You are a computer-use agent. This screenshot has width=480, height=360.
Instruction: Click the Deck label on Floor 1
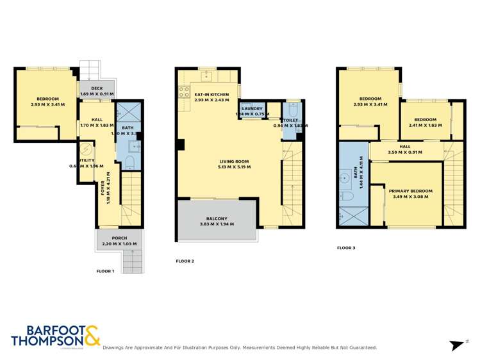pyautogui.click(x=97, y=88)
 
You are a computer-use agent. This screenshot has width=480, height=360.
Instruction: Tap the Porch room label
pyautogui.click(x=110, y=238)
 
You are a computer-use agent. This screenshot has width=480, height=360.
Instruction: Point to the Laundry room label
pyautogui.click(x=252, y=108)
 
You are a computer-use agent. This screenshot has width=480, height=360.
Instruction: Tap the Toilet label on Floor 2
pyautogui.click(x=291, y=120)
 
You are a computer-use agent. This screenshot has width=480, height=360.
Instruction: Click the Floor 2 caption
pyautogui.click(x=185, y=261)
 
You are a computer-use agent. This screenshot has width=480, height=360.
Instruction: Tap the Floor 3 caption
pyautogui.click(x=347, y=247)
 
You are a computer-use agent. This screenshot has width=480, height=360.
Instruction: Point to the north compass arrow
pyautogui.click(x=458, y=345)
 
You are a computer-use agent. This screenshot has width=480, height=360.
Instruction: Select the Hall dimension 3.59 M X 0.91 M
pyautogui.click(x=405, y=152)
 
